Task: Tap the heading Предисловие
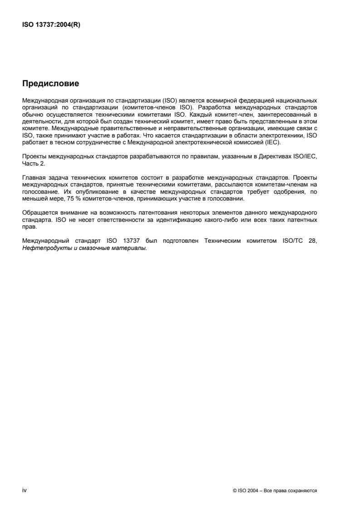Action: click(x=50, y=83)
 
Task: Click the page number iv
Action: click(x=24, y=490)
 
